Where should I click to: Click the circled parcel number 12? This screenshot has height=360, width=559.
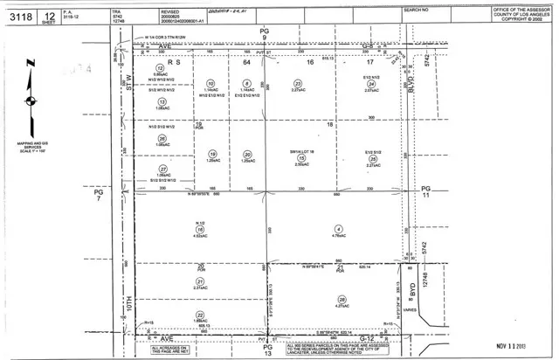pyautogui.click(x=159, y=67)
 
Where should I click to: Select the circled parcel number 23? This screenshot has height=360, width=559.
pyautogui.click(x=298, y=84)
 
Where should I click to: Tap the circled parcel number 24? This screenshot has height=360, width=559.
pyautogui.click(x=371, y=84)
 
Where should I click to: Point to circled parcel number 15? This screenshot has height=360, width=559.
pyautogui.click(x=301, y=157)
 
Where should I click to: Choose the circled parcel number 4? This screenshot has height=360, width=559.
pyautogui.click(x=338, y=229)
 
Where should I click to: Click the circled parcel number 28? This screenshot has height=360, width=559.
pyautogui.click(x=342, y=300)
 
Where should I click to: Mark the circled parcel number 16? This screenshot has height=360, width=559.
pyautogui.click(x=200, y=229)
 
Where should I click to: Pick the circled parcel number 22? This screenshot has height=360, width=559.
pyautogui.click(x=200, y=315)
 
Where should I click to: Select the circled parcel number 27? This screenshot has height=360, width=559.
pyautogui.click(x=162, y=169)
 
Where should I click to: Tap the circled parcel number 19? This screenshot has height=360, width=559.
pyautogui.click(x=212, y=155)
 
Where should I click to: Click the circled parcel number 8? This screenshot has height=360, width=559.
pyautogui.click(x=247, y=84)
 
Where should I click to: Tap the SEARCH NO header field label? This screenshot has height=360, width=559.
pyautogui.click(x=416, y=9)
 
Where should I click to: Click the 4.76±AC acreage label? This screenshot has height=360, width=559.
pyautogui.click(x=338, y=236)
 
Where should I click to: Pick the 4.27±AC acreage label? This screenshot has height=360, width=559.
pyautogui.click(x=342, y=307)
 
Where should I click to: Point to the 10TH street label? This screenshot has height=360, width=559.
pyautogui.click(x=128, y=308)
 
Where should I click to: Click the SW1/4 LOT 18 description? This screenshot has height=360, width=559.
pyautogui.click(x=301, y=150)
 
